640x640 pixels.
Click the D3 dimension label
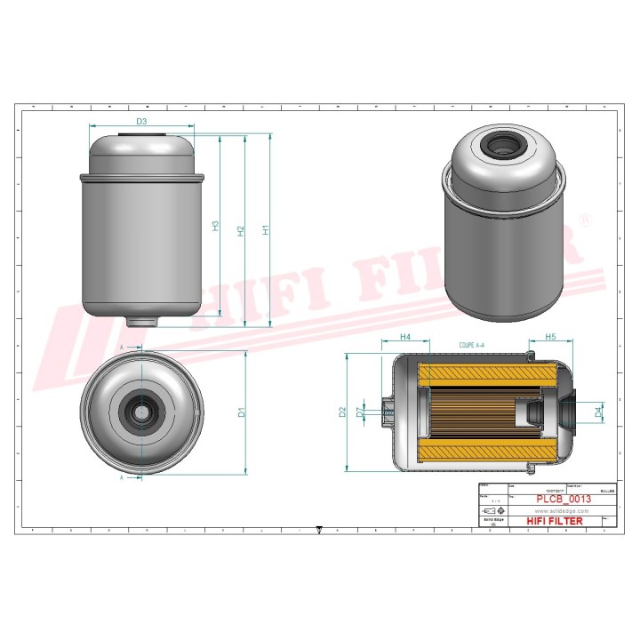click(x=141, y=121)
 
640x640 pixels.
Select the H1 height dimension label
click(x=265, y=229)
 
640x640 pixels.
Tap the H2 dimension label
click(x=240, y=230)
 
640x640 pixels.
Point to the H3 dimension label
click(x=215, y=226)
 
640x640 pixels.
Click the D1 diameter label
click(x=241, y=412)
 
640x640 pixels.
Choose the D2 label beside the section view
click(x=342, y=412)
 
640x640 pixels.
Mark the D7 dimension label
click(x=359, y=412)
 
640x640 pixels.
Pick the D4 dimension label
click(x=599, y=411)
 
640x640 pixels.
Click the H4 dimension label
click(x=404, y=338)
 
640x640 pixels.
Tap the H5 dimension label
click(x=550, y=338)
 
